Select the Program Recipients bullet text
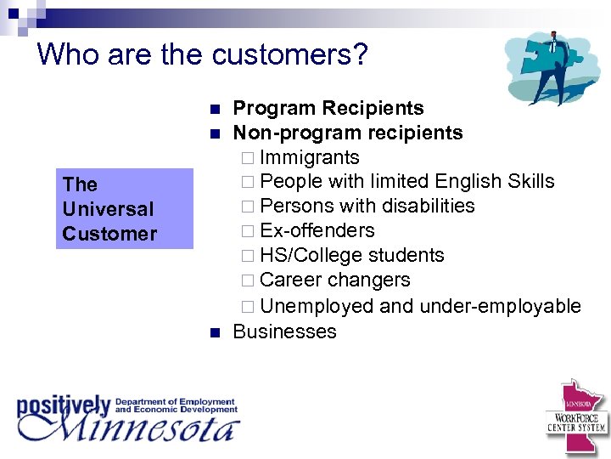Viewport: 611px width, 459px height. (328, 108)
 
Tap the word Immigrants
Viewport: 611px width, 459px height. (310, 157)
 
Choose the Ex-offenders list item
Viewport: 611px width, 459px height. (317, 230)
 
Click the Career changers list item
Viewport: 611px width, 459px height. (335, 280)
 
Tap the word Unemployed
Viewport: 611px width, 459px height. (317, 305)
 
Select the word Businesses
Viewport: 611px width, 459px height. (284, 331)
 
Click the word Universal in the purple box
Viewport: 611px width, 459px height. (108, 208)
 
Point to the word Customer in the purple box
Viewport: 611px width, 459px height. (109, 234)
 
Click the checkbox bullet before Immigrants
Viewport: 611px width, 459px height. (246, 158)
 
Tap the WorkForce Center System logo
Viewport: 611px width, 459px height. (576, 416)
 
